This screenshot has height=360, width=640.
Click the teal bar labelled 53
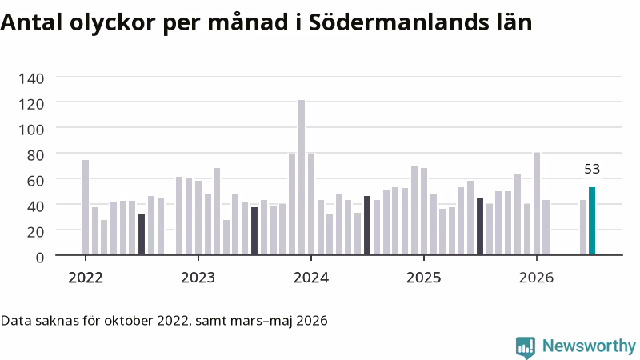tap(592, 222)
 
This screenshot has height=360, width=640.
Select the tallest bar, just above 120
tap(302, 178)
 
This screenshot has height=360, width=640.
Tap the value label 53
tap(592, 169)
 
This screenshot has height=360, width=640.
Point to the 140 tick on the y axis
tap(31, 78)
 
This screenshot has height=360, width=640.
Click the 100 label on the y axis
tap(31, 130)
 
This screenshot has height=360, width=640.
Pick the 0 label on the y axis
tap(39, 258)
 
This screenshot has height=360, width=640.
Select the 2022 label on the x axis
tap(86, 278)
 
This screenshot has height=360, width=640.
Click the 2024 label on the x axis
tap(311, 278)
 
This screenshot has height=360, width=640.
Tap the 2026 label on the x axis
tap(536, 278)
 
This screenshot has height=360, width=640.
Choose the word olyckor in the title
tap(112, 23)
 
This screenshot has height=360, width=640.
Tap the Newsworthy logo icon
tap(526, 347)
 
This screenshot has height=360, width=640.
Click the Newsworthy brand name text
tap(589, 346)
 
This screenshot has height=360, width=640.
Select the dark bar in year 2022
tap(142, 234)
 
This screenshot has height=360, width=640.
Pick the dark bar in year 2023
tap(254, 231)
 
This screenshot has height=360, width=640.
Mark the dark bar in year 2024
tap(367, 226)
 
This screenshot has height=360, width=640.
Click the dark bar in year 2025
tap(480, 226)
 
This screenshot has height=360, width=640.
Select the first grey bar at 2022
tap(86, 207)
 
